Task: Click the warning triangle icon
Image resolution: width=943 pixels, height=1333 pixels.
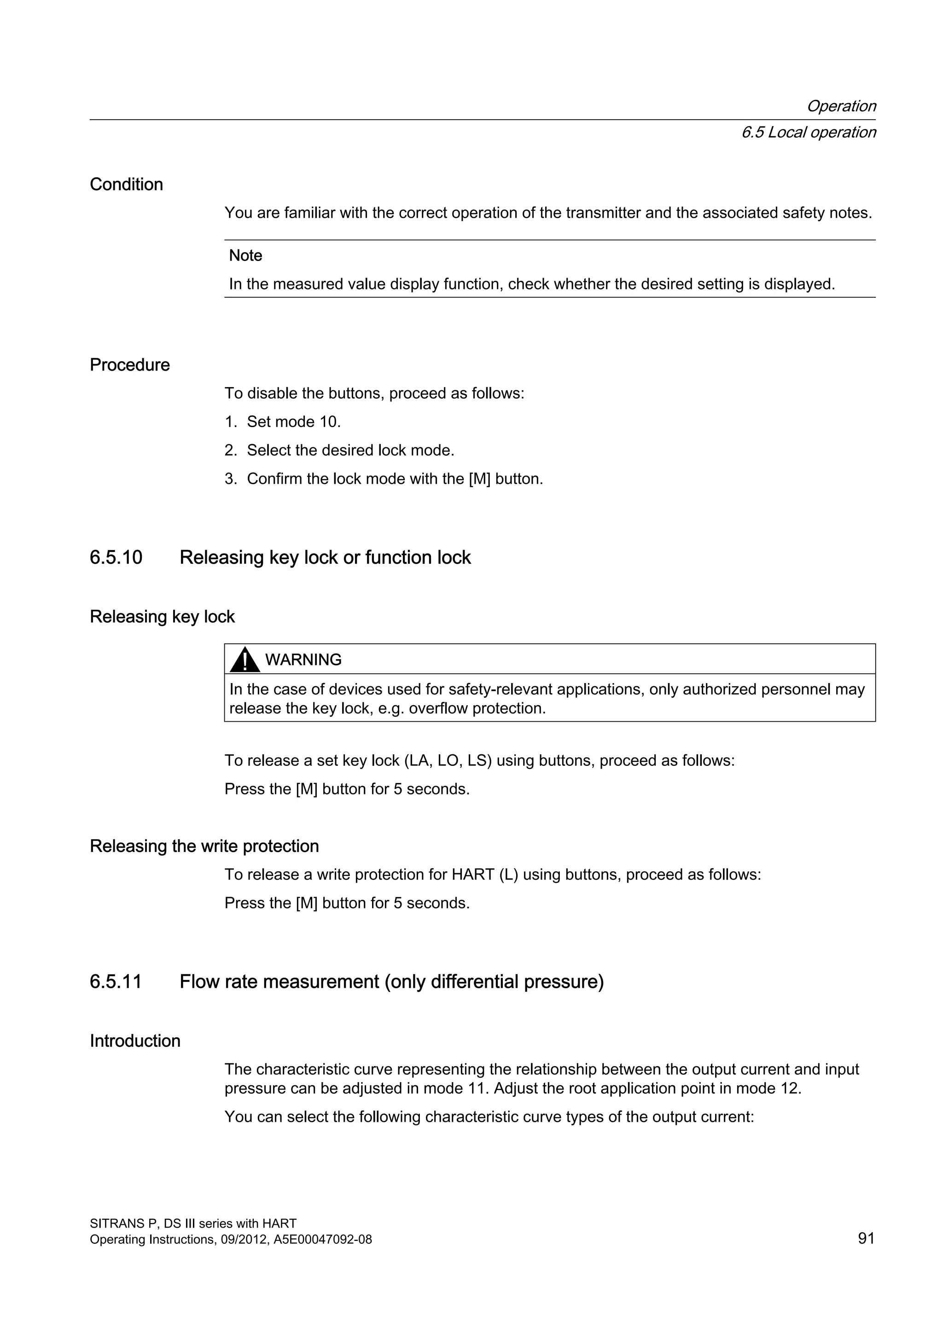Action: click(244, 660)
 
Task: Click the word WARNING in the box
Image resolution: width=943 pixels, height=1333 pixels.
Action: click(303, 660)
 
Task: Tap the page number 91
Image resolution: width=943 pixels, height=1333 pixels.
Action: click(866, 1238)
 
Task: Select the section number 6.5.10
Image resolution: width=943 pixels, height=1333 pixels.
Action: click(116, 557)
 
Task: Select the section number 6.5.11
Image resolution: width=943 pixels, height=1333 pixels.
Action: click(116, 982)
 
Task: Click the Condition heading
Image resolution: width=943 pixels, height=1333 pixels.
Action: click(126, 185)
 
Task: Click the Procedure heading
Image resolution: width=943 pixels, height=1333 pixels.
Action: click(129, 365)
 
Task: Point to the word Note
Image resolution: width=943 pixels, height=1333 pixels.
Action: click(245, 255)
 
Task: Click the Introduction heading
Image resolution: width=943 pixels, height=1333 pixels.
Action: click(135, 1041)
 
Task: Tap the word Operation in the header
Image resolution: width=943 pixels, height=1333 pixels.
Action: click(841, 106)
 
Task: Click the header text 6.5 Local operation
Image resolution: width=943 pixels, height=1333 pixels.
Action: click(808, 133)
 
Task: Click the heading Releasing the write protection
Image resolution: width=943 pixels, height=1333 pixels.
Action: click(204, 846)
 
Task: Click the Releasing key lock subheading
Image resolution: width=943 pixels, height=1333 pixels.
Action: click(162, 617)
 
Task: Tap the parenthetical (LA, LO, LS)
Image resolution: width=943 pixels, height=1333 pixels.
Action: click(448, 760)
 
